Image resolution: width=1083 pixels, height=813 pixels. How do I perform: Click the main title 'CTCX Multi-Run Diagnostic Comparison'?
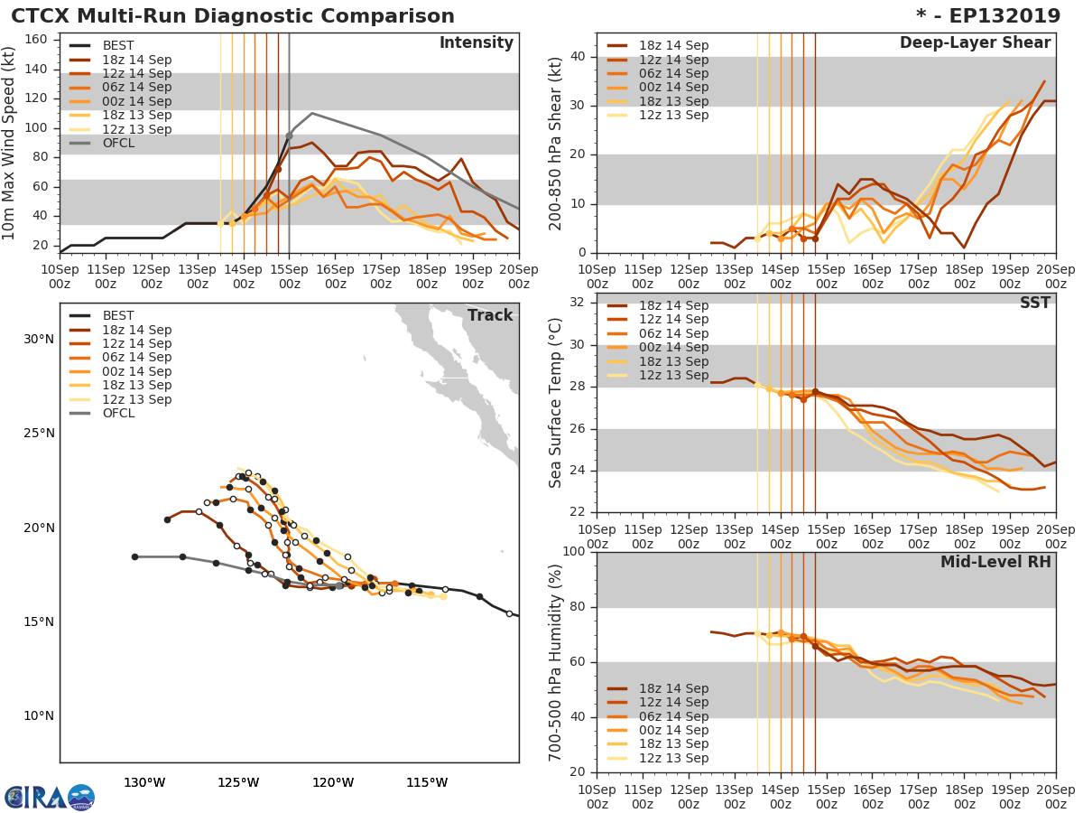pyautogui.click(x=233, y=16)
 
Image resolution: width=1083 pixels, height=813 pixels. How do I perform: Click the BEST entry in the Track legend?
pyautogui.click(x=118, y=316)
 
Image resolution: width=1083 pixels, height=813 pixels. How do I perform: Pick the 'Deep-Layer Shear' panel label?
pyautogui.click(x=975, y=43)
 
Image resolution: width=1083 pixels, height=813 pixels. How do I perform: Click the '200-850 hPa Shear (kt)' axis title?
pyautogui.click(x=557, y=143)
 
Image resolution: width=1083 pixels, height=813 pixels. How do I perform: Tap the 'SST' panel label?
pyautogui.click(x=1036, y=304)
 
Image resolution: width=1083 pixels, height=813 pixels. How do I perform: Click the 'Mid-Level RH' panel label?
pyautogui.click(x=995, y=563)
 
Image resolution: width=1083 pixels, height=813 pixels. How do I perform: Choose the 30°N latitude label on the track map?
pyautogui.click(x=39, y=340)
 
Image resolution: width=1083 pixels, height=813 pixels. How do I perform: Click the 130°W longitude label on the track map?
pyautogui.click(x=144, y=782)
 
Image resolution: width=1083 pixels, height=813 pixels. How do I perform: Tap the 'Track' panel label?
pyautogui.click(x=490, y=315)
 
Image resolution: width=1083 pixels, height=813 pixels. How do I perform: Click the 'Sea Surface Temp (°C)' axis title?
pyautogui.click(x=557, y=403)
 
